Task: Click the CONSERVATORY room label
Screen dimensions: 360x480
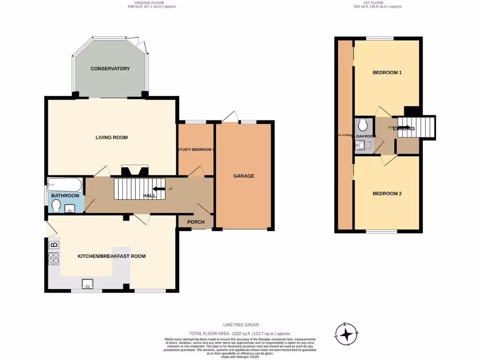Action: coord(110,69)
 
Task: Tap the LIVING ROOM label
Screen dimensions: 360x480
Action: coord(112,137)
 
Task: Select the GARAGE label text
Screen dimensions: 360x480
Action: coord(244,176)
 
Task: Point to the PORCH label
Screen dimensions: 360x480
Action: coord(196,222)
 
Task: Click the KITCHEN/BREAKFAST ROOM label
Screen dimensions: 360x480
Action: coord(112,256)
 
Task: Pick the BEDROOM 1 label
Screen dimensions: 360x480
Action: coord(387,73)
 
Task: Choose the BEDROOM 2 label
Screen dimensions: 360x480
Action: coord(387,194)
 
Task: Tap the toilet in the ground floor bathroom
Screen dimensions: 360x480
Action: coord(56,206)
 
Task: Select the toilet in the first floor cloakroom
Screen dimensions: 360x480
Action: coord(362,125)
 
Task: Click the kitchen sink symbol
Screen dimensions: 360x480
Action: coord(88,283)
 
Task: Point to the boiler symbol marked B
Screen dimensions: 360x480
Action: coord(54,244)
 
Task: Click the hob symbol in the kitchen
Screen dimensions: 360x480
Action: coord(54,258)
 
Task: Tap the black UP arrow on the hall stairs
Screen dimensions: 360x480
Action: coord(160,189)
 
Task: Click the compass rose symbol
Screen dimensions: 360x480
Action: coord(346,334)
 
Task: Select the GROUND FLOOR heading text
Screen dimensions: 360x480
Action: coord(149,3)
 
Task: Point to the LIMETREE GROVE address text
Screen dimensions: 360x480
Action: coord(240,325)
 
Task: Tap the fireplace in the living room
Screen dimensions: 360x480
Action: coord(135,171)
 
